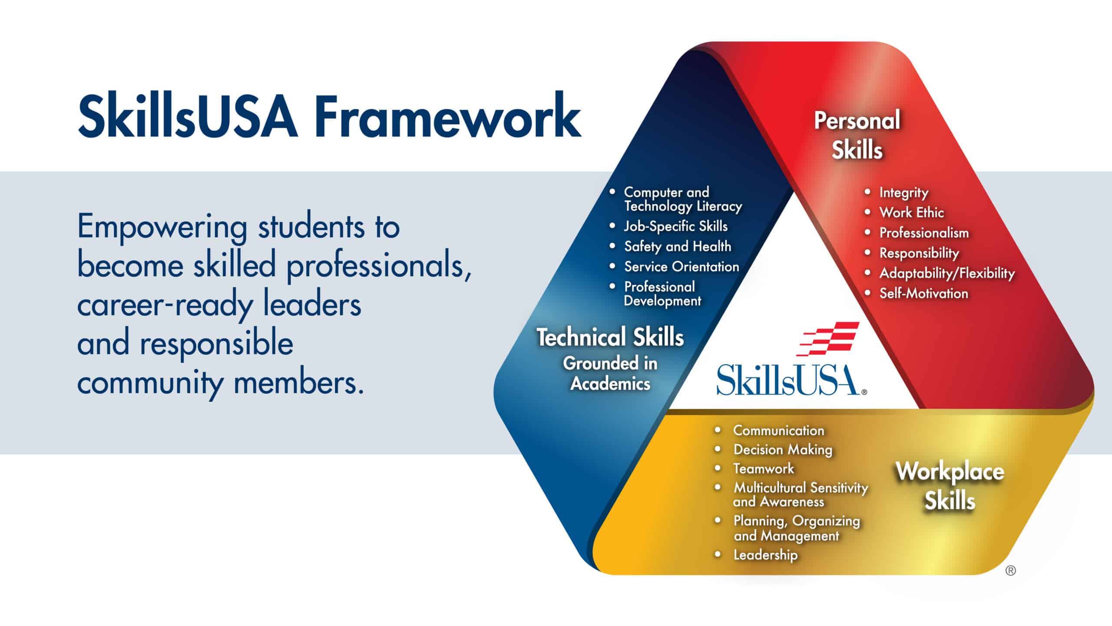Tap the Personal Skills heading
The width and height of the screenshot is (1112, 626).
(x=857, y=135)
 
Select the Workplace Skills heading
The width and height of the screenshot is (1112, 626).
(x=950, y=486)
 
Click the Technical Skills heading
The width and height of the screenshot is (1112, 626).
(x=610, y=337)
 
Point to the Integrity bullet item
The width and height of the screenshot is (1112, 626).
(x=904, y=193)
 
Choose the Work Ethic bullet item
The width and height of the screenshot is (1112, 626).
(x=912, y=213)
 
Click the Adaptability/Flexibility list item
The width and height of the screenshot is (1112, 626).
(x=947, y=273)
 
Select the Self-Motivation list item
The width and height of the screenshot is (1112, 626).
(x=924, y=293)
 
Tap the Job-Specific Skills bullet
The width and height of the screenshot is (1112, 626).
(x=676, y=226)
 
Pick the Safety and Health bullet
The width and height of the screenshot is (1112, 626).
(x=678, y=246)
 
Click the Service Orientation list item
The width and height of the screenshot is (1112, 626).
(x=682, y=266)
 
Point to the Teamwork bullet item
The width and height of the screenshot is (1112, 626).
(x=764, y=469)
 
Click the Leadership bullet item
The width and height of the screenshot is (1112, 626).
(x=766, y=555)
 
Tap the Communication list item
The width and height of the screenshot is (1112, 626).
(x=779, y=430)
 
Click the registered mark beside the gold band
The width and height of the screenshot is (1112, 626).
(x=1011, y=571)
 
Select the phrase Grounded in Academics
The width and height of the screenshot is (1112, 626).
(x=610, y=373)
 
